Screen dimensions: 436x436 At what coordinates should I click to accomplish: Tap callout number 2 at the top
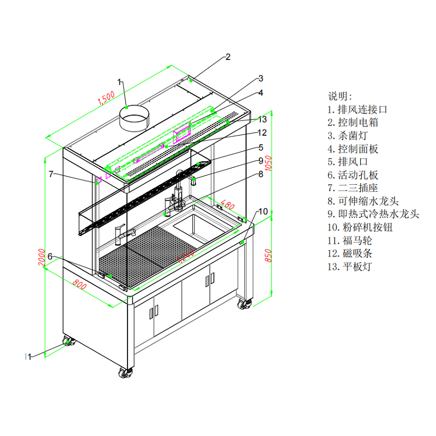pos(228,57)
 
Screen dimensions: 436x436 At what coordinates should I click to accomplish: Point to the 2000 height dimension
pos(41,256)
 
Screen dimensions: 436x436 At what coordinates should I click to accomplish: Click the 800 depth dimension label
pos(80,284)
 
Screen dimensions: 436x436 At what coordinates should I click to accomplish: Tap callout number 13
pos(262,119)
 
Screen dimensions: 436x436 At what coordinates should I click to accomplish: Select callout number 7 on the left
pos(51,174)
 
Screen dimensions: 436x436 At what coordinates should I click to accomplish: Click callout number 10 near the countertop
pos(263,211)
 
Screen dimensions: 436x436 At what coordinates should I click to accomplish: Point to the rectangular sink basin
pos(194,227)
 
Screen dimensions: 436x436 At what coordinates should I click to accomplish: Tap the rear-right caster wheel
pos(244,304)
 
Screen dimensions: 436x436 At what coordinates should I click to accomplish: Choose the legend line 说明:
pos(340,96)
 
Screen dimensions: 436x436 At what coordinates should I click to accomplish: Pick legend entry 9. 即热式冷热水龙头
pos(373,214)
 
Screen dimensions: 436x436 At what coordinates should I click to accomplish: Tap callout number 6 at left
pos(50,256)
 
